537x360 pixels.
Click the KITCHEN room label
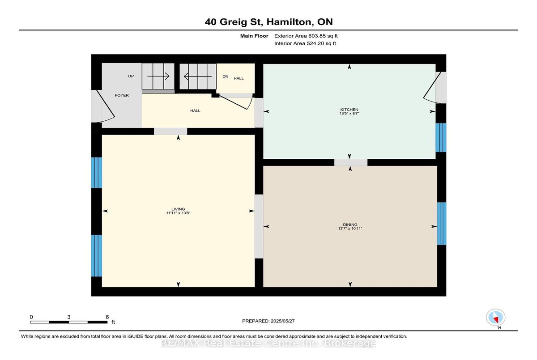click(349, 110)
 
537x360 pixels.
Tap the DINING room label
click(350, 224)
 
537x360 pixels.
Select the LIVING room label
click(178, 209)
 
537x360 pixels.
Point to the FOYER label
click(122, 95)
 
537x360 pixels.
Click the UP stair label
click(131, 76)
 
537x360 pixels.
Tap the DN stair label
click(226, 76)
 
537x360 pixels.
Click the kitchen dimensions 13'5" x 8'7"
click(349, 113)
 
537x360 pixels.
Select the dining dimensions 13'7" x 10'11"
click(350, 228)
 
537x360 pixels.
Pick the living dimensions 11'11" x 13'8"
click(178, 213)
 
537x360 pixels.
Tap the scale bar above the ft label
click(69, 322)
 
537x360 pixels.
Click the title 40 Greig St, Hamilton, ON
click(269, 22)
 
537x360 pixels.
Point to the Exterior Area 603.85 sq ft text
click(306, 36)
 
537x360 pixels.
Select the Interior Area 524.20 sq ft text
click(305, 43)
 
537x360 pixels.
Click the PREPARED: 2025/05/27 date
click(268, 321)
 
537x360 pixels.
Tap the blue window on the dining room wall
click(442, 224)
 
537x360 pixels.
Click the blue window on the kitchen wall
click(441, 137)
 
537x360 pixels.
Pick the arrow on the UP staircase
click(158, 76)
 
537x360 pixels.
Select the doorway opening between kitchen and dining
click(351, 162)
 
